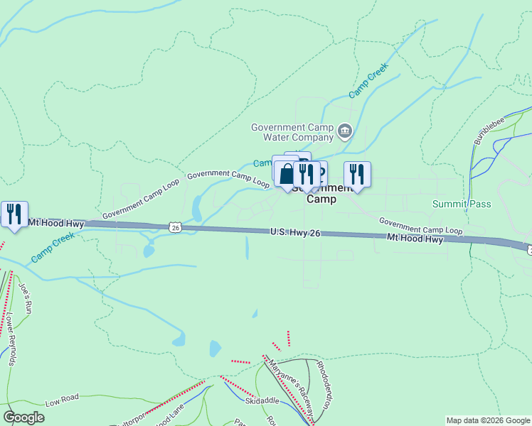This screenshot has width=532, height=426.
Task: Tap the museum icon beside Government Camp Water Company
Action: pyautogui.click(x=345, y=131)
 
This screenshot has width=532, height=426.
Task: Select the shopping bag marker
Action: pyautogui.click(x=285, y=173)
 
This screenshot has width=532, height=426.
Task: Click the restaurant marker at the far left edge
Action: pyautogui.click(x=14, y=214)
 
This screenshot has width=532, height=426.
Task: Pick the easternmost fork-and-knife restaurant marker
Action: pyautogui.click(x=357, y=174)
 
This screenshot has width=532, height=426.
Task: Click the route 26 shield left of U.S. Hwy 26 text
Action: pyautogui.click(x=175, y=227)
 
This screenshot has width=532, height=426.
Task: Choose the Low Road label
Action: pyautogui.click(x=61, y=403)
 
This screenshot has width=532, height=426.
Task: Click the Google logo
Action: pyautogui.click(x=23, y=417)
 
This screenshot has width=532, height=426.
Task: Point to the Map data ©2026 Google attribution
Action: pyautogui.click(x=487, y=420)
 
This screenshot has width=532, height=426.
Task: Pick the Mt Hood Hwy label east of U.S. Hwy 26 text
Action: pyautogui.click(x=415, y=239)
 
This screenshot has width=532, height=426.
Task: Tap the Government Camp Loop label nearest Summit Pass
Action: pyautogui.click(x=420, y=226)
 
